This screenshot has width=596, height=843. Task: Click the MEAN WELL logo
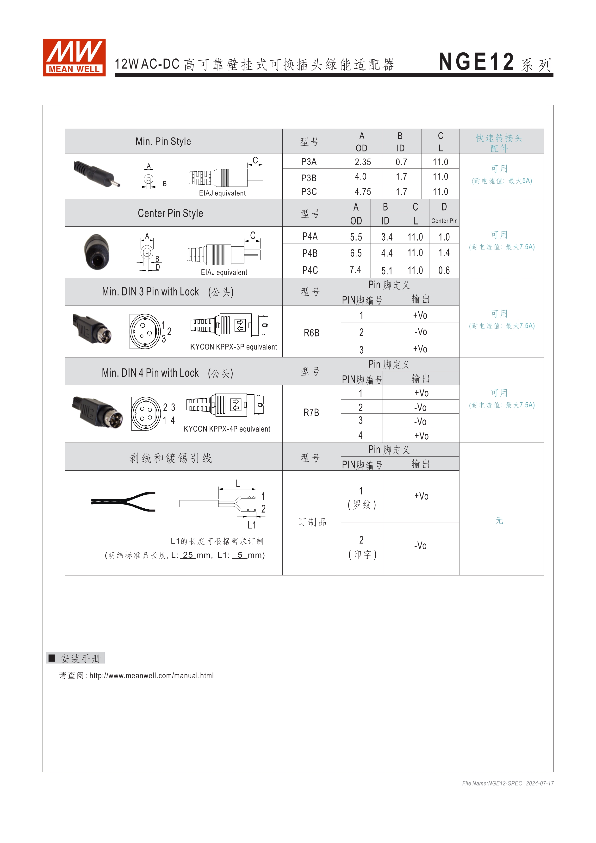pos(74,58)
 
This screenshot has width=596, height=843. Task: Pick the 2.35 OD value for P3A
pos(363,162)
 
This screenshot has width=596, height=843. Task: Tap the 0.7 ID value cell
pos(401,162)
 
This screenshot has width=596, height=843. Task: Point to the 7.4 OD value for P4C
pos(355,270)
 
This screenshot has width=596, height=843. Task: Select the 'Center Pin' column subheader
pos(444,221)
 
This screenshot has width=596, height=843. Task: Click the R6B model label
pos(311,333)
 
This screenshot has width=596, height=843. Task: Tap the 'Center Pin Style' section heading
pos(170,213)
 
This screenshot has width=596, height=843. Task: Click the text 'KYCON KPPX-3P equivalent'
pos(233,347)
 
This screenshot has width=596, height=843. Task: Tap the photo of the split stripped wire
pos(123,501)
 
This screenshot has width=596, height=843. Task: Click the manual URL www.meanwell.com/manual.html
pos(151,675)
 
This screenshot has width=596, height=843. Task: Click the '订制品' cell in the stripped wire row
pos(312,522)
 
